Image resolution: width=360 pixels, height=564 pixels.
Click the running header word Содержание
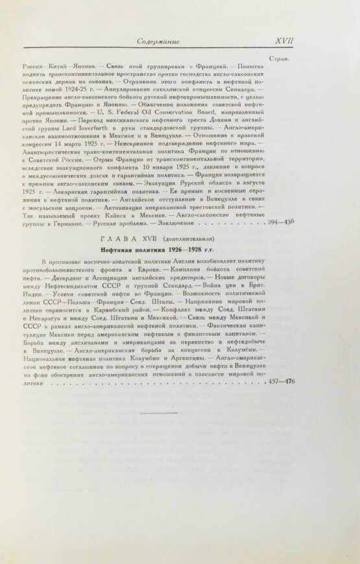point(158,41)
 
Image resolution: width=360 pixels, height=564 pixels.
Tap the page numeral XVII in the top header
point(285,41)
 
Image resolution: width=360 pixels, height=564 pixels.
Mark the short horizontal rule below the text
point(158,412)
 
